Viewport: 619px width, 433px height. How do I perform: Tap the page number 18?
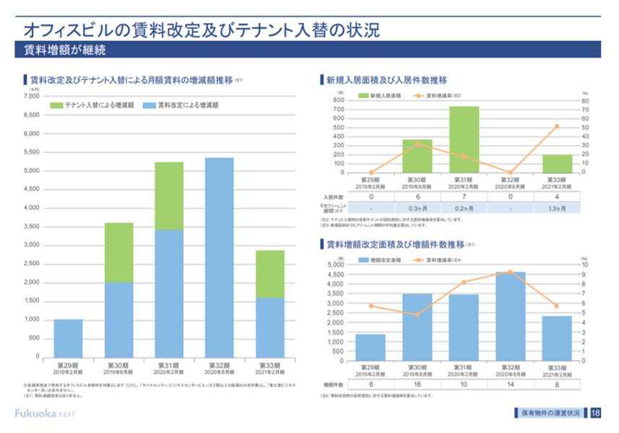tap(595, 413)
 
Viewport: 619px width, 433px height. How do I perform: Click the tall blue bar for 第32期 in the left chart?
tap(219, 256)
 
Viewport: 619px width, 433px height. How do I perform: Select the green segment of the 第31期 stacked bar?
tap(169, 196)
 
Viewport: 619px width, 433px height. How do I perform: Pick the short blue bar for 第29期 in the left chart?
tap(68, 338)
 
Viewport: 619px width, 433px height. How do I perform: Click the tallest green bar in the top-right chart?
tap(464, 139)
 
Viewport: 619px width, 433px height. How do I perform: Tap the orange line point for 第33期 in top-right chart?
tap(557, 126)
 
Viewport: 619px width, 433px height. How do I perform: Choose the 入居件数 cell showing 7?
tap(464, 196)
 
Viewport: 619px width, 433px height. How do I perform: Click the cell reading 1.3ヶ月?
tap(557, 208)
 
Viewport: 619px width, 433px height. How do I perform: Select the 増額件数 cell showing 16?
tap(417, 385)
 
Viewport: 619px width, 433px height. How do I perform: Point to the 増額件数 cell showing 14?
tap(510, 385)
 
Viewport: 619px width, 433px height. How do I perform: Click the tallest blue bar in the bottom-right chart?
tap(510, 316)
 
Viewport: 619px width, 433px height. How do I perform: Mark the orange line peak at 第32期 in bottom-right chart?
tap(510, 272)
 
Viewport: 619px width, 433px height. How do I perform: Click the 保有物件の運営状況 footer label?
tap(548, 413)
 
